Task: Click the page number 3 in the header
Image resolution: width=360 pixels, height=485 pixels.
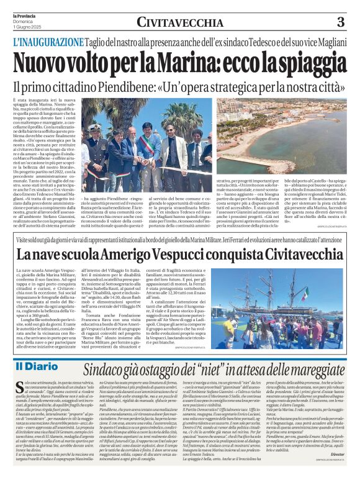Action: pyautogui.click(x=340, y=22)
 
